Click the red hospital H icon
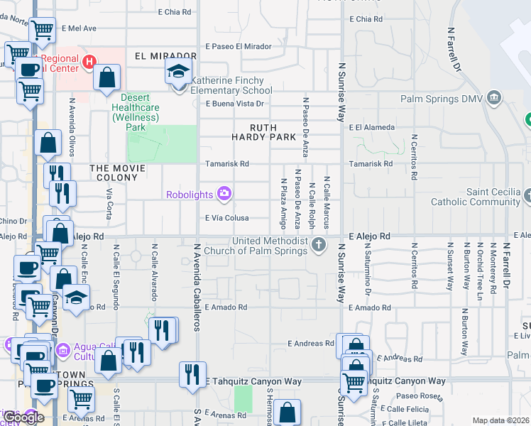pos(89,62)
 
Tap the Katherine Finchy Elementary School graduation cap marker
pos(178,71)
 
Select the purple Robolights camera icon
pos(225,193)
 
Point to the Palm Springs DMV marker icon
pos(495,97)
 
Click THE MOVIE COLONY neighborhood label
pos(117,168)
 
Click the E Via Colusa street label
pos(227,219)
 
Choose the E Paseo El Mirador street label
pos(239,46)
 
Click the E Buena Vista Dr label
pos(235,104)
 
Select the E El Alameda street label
pos(371,127)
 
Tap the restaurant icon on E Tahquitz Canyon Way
pos(192,374)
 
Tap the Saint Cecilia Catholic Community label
pos(493,197)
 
